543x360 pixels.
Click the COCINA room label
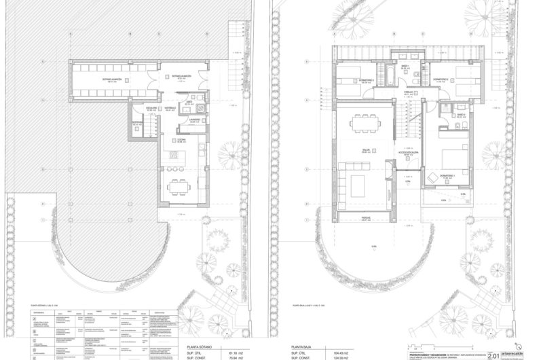181,139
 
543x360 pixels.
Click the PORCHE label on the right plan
365,217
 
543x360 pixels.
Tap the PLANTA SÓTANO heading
195,344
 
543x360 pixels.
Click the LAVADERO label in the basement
194,120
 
